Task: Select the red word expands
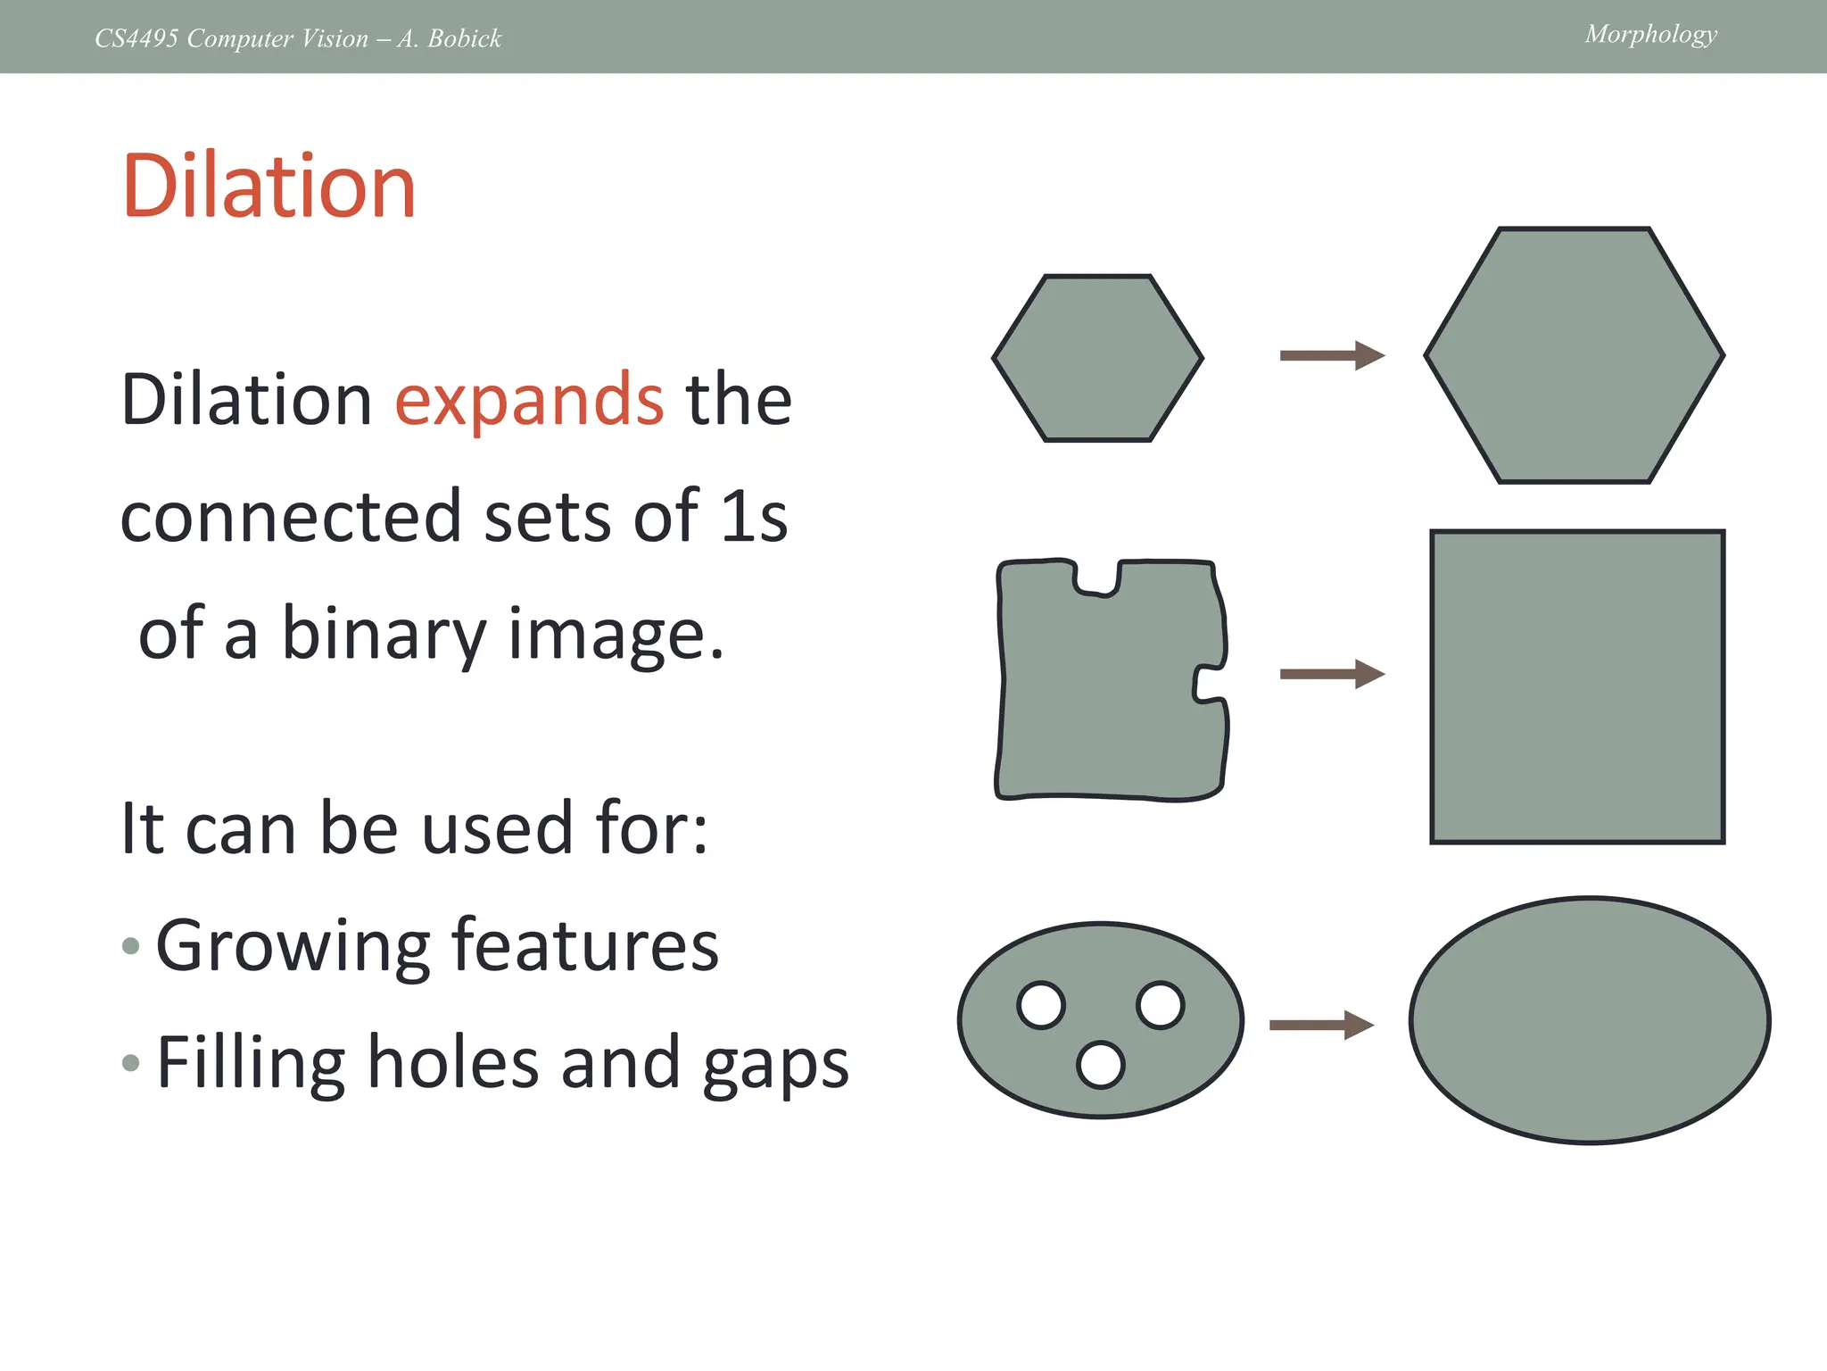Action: [529, 401]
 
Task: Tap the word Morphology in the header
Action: [1650, 34]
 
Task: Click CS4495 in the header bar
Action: [136, 38]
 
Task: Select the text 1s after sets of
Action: [755, 517]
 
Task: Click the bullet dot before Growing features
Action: [131, 946]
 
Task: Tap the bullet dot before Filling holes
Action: [131, 1062]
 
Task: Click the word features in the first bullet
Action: [584, 945]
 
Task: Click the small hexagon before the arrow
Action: [1097, 357]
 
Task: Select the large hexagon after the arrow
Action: [1574, 355]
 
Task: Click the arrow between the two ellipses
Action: [1321, 1025]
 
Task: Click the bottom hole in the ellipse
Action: [1100, 1065]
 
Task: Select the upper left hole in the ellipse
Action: [1041, 1005]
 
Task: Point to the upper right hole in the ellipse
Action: [1160, 1005]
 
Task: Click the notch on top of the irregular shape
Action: [1097, 577]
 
